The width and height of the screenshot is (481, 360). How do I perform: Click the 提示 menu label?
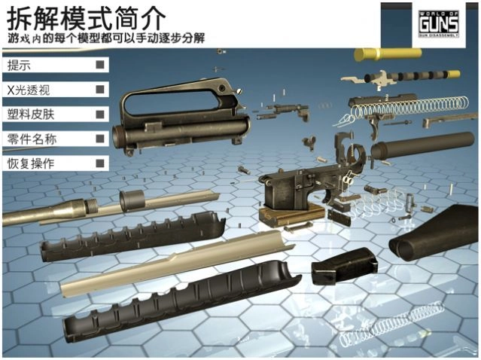click(x=20, y=66)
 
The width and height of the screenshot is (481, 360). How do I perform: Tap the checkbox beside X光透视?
click(x=99, y=90)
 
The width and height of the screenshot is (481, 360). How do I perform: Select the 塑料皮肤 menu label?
click(x=31, y=114)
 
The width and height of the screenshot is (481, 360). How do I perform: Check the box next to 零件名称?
click(x=99, y=139)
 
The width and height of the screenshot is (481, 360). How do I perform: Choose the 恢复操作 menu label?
click(x=31, y=163)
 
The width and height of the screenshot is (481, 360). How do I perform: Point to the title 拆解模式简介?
click(x=83, y=16)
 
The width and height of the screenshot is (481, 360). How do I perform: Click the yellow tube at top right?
click(x=387, y=55)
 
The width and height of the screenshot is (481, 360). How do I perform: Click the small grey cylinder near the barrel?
click(x=132, y=201)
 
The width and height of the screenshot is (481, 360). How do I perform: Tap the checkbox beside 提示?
click(x=99, y=66)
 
